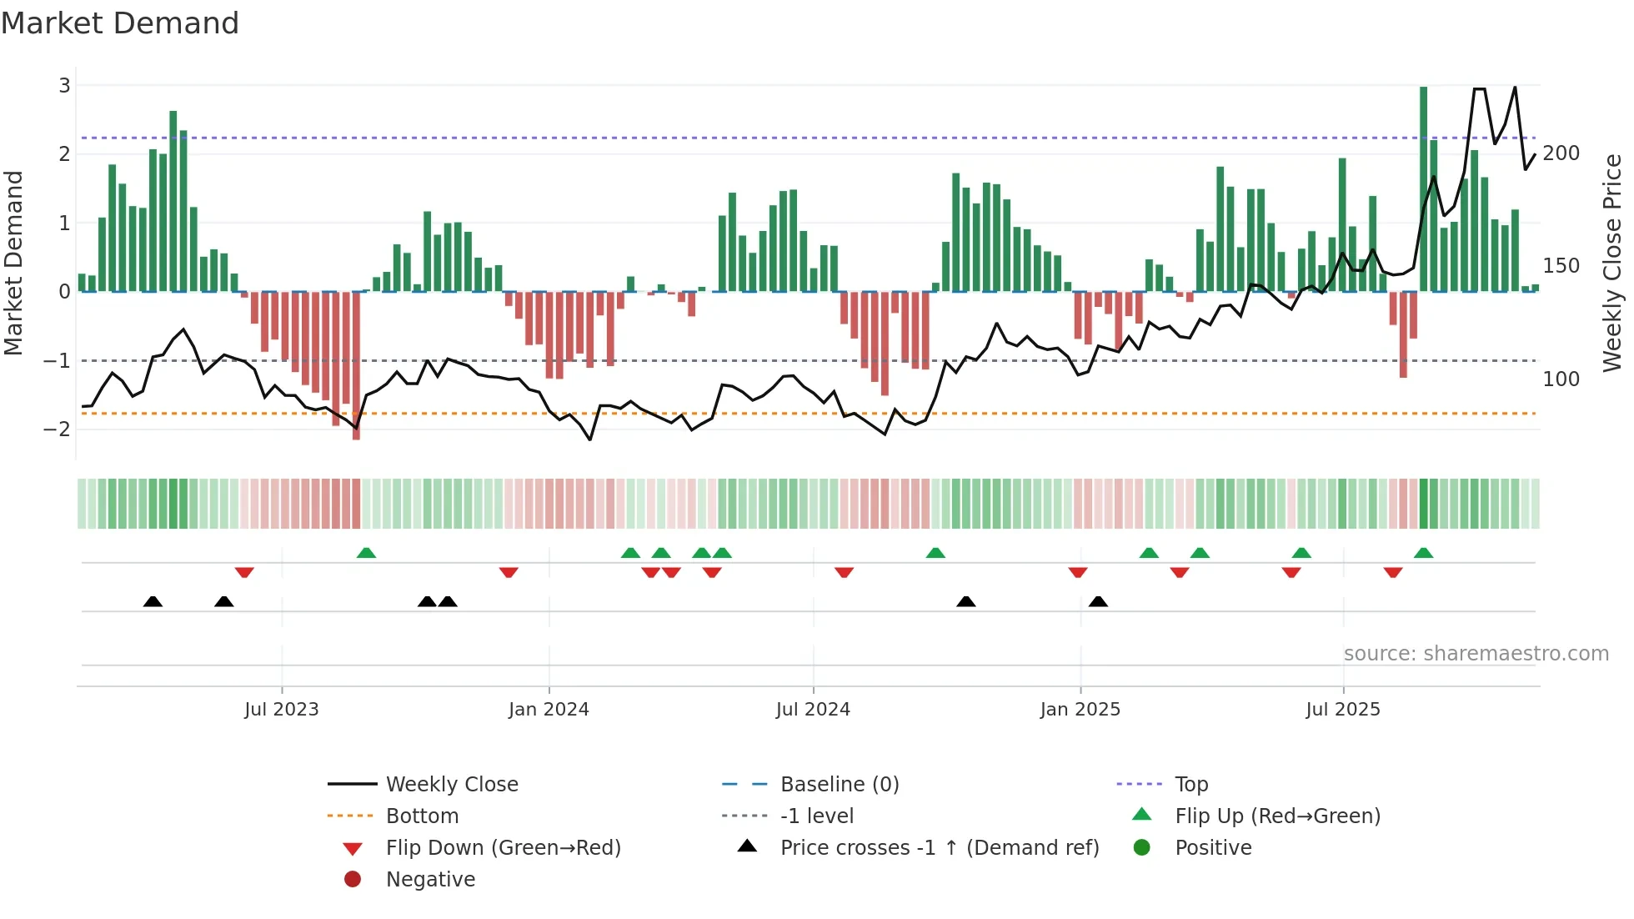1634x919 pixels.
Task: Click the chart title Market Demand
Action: (120, 23)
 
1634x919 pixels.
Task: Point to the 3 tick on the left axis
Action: (64, 85)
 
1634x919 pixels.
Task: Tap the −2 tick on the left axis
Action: (58, 429)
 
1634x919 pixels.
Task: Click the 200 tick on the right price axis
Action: (1561, 153)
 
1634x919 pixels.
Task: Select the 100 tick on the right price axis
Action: (1561, 379)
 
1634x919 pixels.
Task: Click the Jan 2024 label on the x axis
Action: (549, 710)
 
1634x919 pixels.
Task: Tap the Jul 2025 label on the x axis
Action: (1343, 710)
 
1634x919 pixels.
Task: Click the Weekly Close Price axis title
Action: (1612, 263)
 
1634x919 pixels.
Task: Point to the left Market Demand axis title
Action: (14, 263)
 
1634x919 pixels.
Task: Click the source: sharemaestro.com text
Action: (1476, 654)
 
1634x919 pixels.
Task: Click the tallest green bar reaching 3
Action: (1424, 188)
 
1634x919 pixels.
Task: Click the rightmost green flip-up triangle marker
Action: (1424, 553)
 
